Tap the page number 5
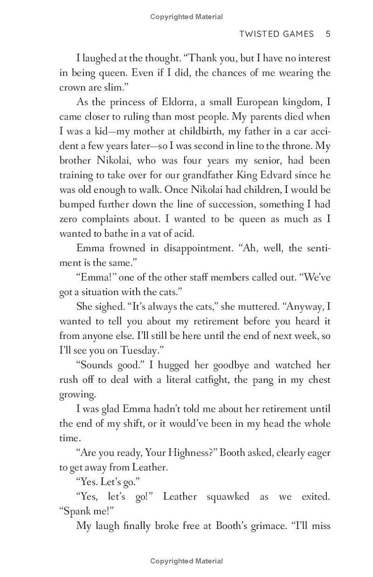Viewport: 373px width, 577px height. point(328,34)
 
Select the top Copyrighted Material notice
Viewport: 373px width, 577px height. point(186,17)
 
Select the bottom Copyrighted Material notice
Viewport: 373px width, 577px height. point(186,561)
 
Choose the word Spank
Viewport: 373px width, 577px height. point(78,511)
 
